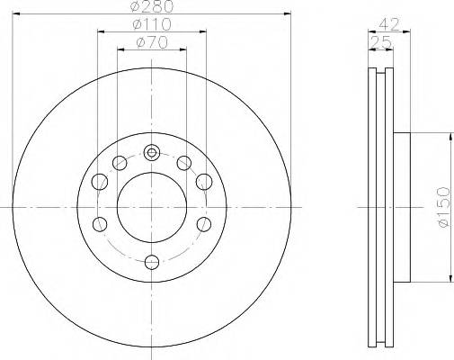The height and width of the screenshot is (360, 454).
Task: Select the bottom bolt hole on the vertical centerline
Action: [152, 262]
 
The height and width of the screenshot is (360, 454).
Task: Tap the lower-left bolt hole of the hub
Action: [101, 223]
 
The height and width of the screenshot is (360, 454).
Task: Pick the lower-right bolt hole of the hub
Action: [203, 223]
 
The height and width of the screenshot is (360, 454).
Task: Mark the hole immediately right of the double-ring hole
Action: [183, 163]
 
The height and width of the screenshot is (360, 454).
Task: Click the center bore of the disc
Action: [152, 206]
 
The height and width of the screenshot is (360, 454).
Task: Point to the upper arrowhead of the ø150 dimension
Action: [449, 136]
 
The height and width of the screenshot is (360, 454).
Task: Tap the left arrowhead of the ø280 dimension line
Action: [15, 14]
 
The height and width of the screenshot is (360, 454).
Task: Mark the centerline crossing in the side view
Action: [381, 206]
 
